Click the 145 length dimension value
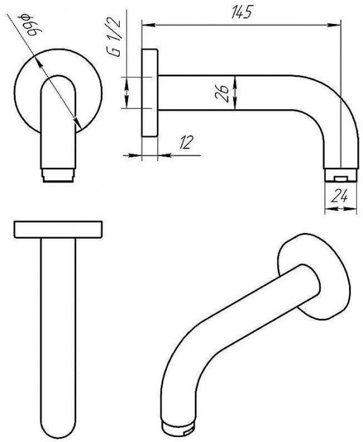pos(241,12)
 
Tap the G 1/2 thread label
pos(113,37)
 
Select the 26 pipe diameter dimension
pos(222,92)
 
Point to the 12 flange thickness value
pos(187,142)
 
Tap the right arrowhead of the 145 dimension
pos(334,25)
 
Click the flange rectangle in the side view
pos(149,93)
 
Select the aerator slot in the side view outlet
pos(340,178)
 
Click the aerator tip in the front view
pos(58,176)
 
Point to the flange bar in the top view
pos(58,229)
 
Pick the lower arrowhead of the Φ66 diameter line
pos(77,123)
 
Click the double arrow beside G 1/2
pos(127,92)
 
